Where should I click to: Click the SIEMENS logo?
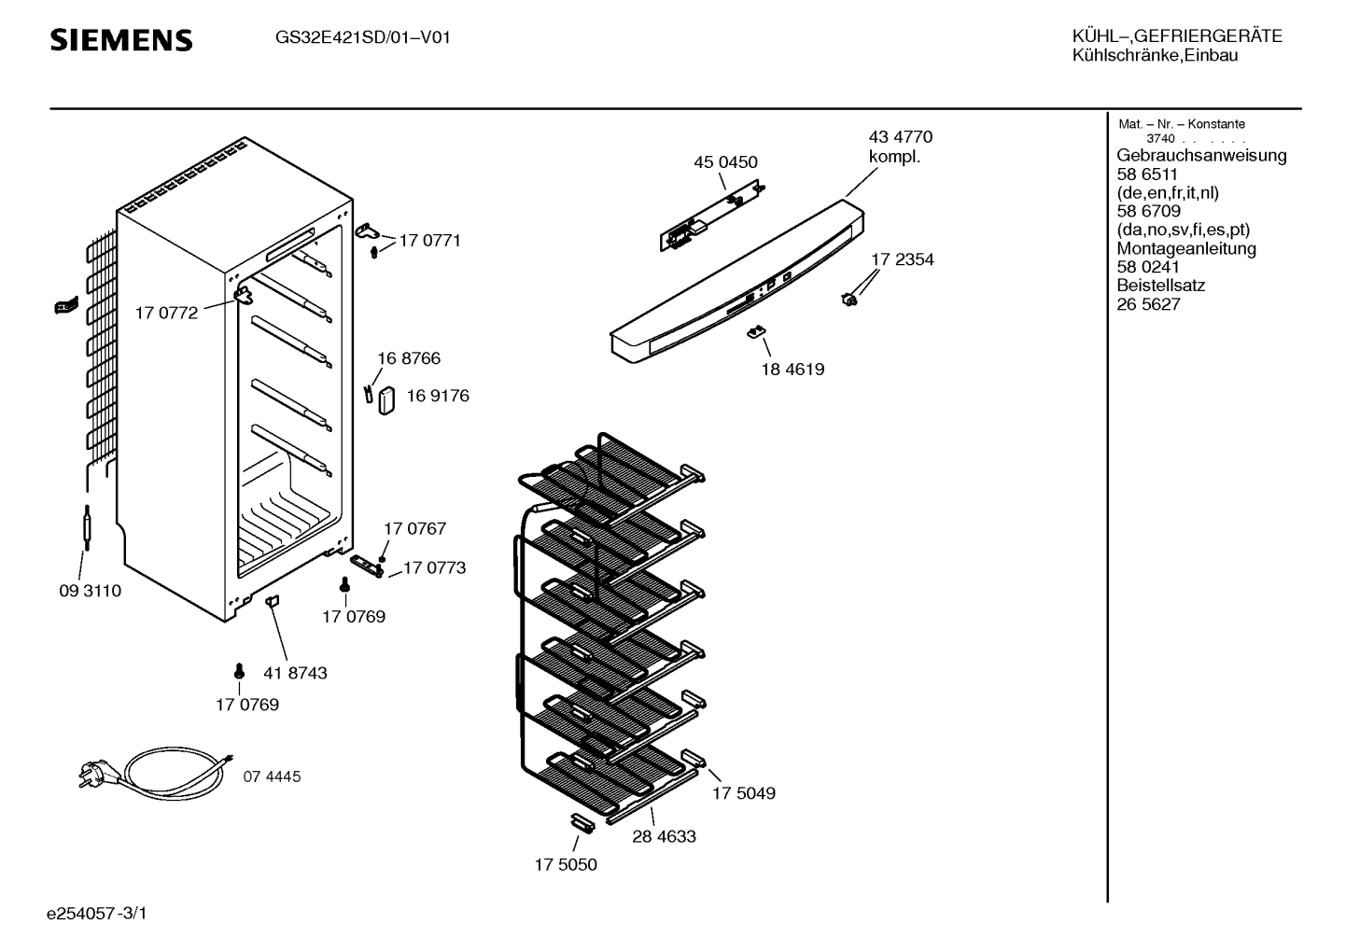click(x=120, y=40)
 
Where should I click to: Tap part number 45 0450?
click(x=725, y=162)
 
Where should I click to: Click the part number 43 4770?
click(x=900, y=137)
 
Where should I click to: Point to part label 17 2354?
click(x=903, y=259)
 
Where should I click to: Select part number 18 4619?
click(x=792, y=370)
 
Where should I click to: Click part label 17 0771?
click(x=429, y=241)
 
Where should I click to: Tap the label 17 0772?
click(x=166, y=314)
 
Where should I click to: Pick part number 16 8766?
click(x=409, y=358)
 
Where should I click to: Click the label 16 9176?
click(x=437, y=396)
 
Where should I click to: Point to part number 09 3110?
click(x=90, y=592)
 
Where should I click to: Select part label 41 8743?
click(x=295, y=673)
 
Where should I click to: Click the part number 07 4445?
click(x=273, y=776)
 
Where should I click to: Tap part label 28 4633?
click(x=664, y=837)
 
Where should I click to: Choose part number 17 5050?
click(x=566, y=865)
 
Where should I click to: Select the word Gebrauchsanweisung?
click(x=1201, y=156)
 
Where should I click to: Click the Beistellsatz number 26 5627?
click(x=1148, y=304)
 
